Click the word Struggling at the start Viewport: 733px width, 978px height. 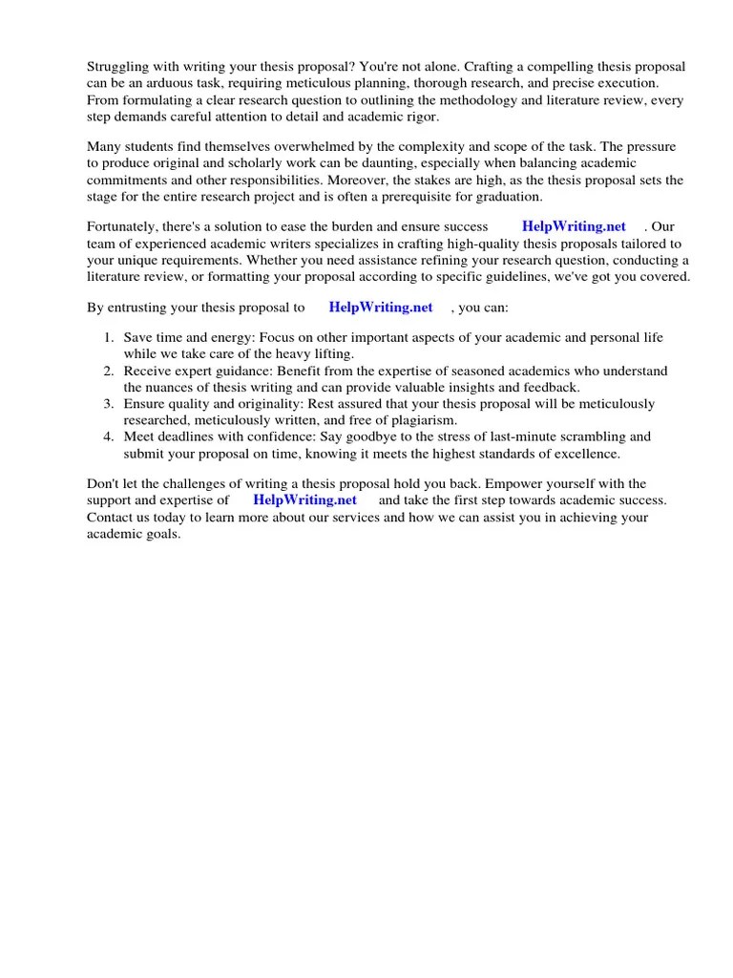[119, 66]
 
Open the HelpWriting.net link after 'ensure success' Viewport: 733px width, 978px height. [574, 226]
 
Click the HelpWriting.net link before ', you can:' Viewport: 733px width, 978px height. [380, 307]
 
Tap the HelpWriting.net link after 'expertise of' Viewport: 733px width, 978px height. [304, 500]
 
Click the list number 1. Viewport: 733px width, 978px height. [107, 338]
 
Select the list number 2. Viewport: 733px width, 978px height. [107, 371]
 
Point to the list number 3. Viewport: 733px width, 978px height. [107, 403]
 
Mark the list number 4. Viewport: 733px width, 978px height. [107, 436]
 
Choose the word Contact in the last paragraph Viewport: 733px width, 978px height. [111, 517]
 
